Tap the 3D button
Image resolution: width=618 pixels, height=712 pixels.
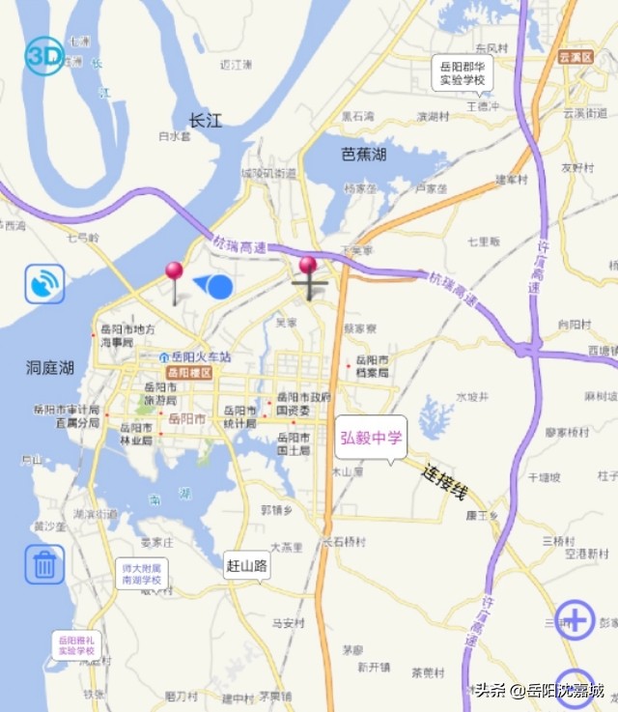44,56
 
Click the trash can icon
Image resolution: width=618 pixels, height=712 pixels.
44,564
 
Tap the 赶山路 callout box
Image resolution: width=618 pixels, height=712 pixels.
247,564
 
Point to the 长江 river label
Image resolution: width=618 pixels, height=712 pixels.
205,121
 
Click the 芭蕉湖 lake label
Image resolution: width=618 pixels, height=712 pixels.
364,154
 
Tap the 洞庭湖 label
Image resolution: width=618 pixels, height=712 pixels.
50,367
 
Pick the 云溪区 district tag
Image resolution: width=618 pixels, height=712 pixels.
576,57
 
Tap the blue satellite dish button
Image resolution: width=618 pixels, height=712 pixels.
44,284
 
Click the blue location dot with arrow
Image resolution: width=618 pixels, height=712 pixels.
218,286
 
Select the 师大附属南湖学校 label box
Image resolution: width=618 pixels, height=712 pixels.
142,574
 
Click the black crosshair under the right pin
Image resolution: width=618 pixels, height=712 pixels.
309,286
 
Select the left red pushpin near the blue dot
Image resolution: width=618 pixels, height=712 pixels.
174,272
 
